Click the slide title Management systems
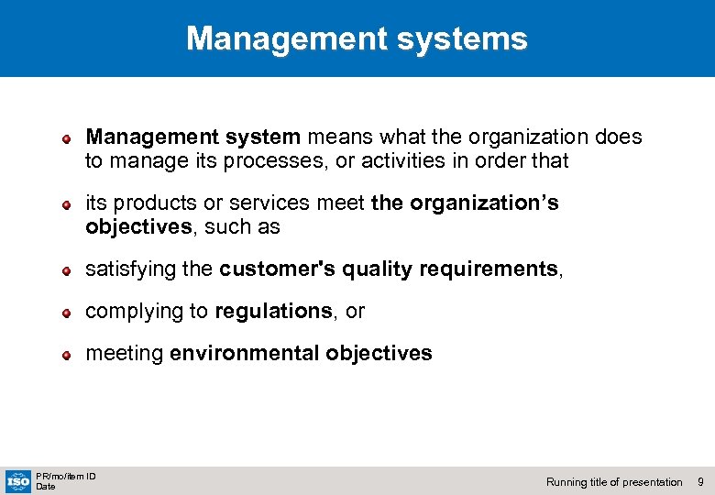(x=357, y=38)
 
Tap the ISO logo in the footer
(x=17, y=480)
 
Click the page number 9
(x=700, y=482)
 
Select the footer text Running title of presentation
(x=614, y=482)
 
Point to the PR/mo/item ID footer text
(x=66, y=476)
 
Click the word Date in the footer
(x=45, y=487)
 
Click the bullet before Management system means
(x=67, y=139)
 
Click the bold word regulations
(x=273, y=312)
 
